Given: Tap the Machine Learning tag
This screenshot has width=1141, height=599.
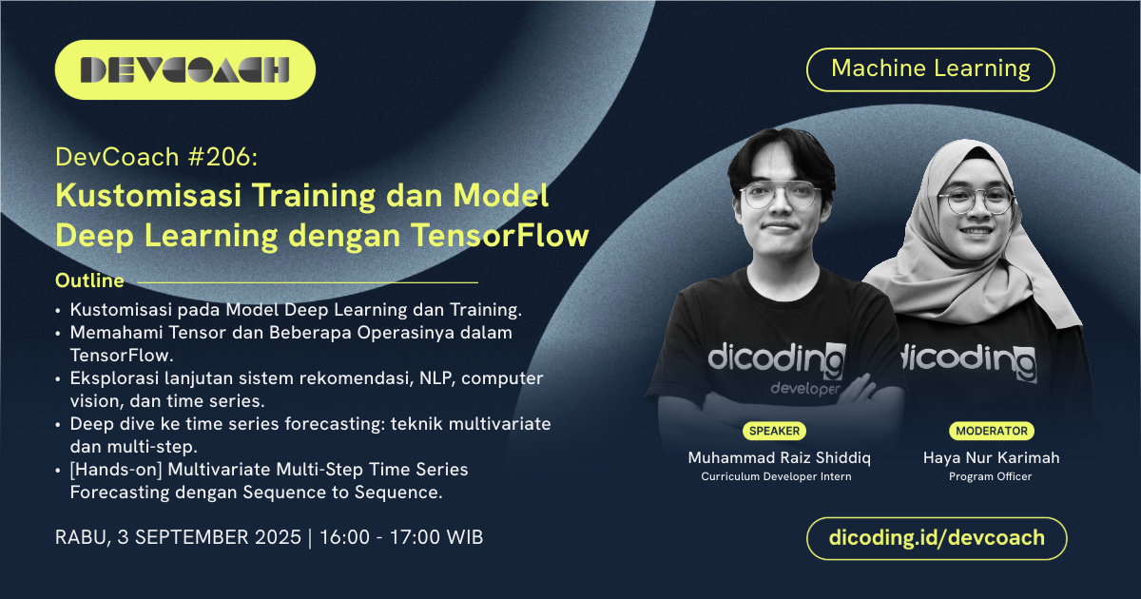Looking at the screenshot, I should coord(931,68).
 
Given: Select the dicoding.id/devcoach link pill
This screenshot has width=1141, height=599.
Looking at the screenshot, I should coord(937,538).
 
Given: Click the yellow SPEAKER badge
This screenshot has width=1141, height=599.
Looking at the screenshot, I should coord(774,431).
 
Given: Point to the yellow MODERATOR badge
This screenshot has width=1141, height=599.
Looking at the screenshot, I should coord(991,431).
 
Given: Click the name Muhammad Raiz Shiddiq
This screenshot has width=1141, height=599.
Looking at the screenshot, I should coord(780,457).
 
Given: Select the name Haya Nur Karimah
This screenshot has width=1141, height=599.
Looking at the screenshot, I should coord(991,457).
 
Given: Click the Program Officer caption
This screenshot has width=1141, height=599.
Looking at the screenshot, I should coord(991,476).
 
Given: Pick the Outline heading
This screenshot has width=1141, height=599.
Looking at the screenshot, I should coord(89,281).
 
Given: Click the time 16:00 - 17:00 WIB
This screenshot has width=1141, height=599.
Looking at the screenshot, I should coord(403,537).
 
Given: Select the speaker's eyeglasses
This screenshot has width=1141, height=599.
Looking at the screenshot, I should coord(779,196).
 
